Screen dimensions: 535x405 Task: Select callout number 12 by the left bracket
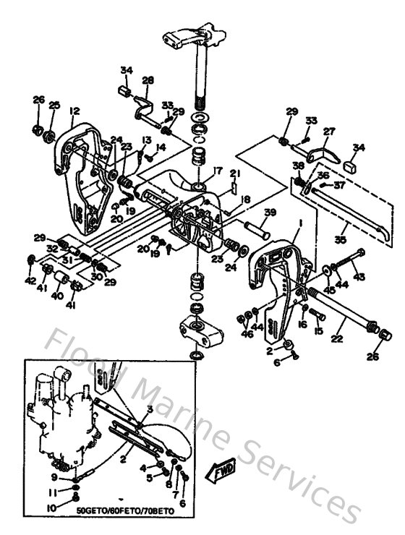coord(74,111)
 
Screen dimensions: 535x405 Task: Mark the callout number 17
coord(215,171)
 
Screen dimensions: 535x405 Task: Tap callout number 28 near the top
coord(148,80)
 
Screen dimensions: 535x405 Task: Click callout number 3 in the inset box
coord(150,409)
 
